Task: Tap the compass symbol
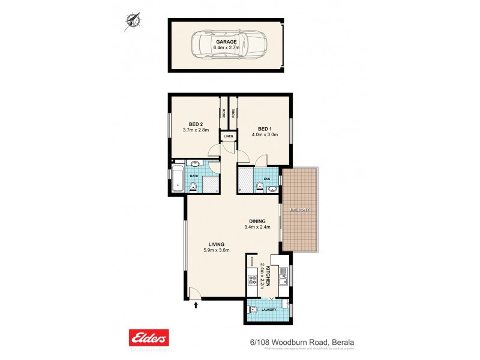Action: (131, 21)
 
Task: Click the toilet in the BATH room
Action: (193, 187)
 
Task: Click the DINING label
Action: (258, 220)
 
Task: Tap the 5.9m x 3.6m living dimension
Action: (216, 251)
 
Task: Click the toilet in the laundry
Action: (254, 311)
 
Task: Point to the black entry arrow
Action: (196, 304)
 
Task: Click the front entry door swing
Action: (193, 293)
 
